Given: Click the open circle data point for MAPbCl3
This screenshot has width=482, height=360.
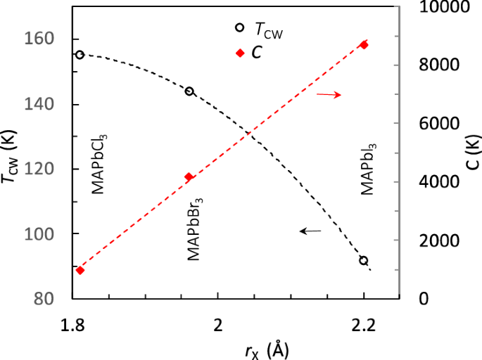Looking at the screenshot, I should click(80, 54).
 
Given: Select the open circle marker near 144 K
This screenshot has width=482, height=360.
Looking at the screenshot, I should click(189, 91).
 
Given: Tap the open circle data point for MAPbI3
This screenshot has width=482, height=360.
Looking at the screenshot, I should click(364, 260).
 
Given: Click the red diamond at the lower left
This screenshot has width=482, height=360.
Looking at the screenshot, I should click(80, 270).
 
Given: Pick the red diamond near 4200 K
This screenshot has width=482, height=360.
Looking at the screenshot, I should click(189, 176).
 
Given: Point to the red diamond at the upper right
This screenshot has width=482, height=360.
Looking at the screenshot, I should click(364, 44).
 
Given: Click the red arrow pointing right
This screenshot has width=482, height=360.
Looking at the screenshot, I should click(329, 94).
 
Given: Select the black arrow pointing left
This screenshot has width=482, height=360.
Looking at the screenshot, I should click(310, 230).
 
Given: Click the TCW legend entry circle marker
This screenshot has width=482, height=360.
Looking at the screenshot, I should click(239, 28).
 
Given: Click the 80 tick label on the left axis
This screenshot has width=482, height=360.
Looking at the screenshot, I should click(45, 299).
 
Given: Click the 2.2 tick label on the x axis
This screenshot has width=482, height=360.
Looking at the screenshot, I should click(364, 324).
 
